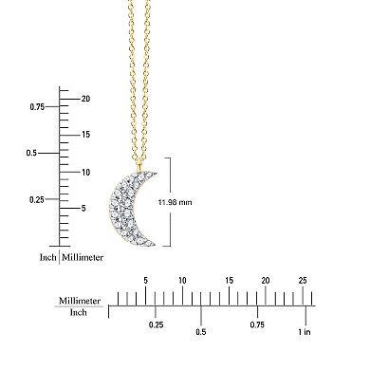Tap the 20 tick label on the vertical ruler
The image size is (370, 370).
coord(85,99)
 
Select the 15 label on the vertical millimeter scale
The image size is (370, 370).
coord(85,135)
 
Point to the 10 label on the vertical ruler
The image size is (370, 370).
coord(85,172)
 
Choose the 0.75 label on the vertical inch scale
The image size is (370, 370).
coord(36,107)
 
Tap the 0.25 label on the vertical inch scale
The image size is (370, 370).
coord(36,199)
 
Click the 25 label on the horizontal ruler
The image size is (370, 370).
coord(302,280)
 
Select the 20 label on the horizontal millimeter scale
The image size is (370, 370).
coord(265,280)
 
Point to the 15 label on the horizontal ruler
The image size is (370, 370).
coord(229,280)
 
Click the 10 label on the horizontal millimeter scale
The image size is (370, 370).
coord(182,280)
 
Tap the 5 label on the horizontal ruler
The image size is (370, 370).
coord(145,280)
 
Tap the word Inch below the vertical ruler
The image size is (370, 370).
coord(46,257)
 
